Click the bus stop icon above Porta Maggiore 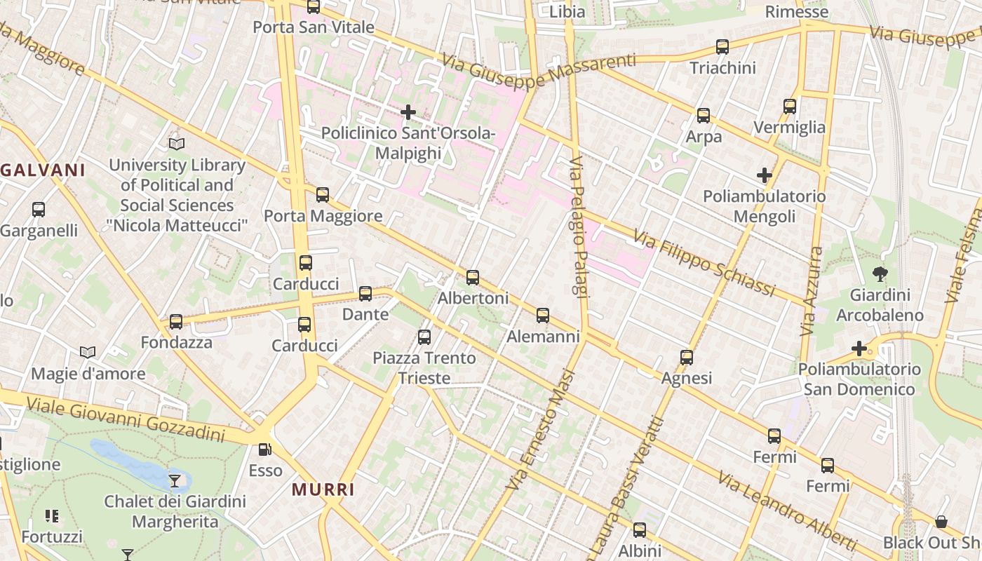(323, 195)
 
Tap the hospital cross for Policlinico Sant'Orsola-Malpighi (408, 111)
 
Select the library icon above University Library (177, 144)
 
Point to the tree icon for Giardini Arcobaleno (880, 274)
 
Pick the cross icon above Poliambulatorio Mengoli (765, 175)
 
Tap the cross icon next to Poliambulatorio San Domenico (859, 348)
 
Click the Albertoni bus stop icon (473, 278)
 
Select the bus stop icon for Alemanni (543, 316)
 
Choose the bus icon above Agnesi (687, 358)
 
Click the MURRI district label (323, 489)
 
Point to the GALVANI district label (43, 170)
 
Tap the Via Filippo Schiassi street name (704, 262)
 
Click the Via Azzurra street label (812, 290)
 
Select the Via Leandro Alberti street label (786, 511)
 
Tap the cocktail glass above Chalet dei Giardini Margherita (175, 480)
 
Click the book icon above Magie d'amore (88, 352)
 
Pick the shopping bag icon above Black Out (941, 522)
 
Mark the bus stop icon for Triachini (722, 47)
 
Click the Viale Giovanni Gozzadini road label (126, 419)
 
